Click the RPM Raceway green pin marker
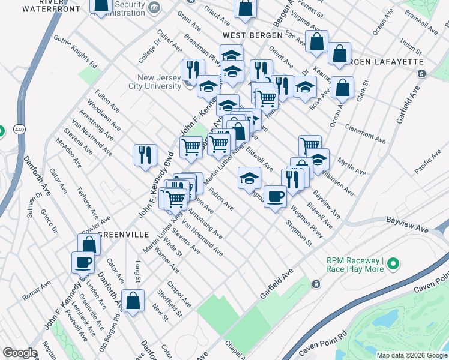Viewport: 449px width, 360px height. pos(393,263)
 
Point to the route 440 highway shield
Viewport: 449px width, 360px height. pos(2,130)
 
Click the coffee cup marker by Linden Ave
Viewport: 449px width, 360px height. pos(83,263)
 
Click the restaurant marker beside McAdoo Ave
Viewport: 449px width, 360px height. pos(145,155)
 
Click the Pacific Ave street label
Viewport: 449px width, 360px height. pos(427,163)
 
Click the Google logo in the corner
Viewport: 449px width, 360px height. pos(20,353)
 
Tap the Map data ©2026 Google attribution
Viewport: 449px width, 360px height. pos(411,355)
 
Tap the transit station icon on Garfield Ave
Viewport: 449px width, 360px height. pos(316,283)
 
